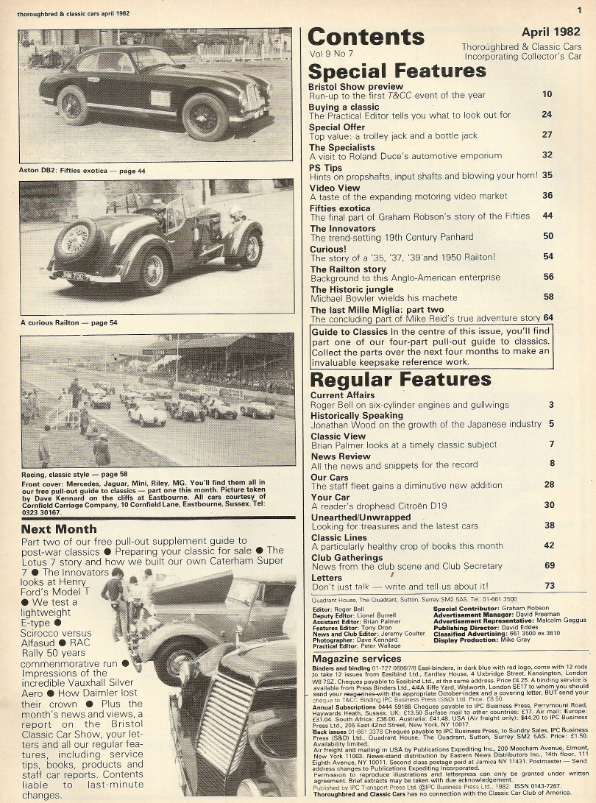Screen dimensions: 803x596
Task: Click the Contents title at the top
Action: (366, 38)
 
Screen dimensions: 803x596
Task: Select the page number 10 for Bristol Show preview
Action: (547, 94)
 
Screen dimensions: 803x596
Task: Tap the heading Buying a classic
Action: (344, 107)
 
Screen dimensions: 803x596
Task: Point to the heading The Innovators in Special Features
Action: (343, 229)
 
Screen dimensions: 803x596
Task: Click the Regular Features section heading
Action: (400, 380)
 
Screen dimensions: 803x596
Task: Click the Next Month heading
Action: (59, 528)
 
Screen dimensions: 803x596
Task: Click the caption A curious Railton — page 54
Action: (68, 322)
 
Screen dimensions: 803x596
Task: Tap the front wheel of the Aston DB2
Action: (205, 118)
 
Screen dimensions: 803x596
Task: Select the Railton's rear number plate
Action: (70, 275)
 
